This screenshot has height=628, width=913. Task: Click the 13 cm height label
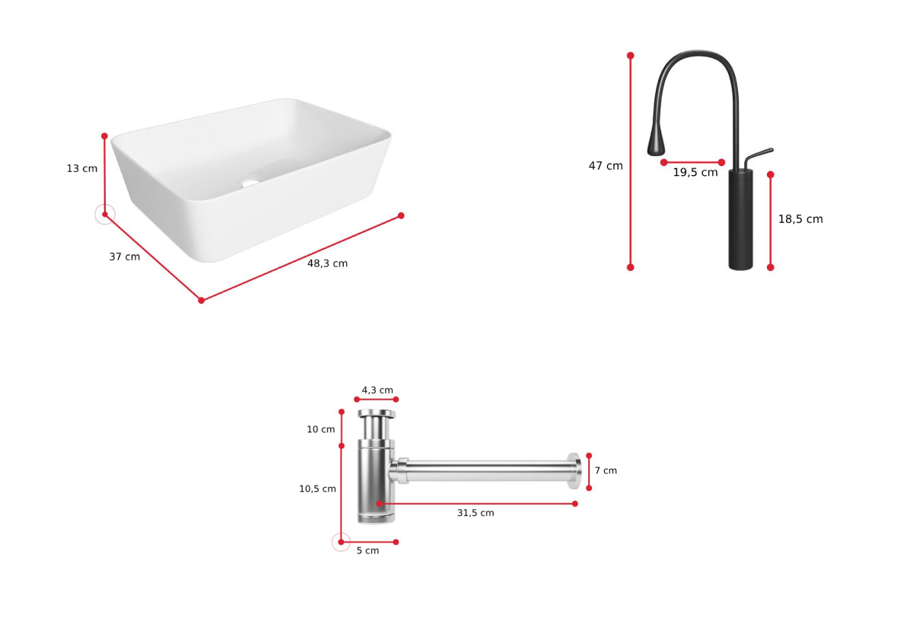coord(82,168)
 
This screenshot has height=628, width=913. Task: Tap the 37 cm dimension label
coord(124,257)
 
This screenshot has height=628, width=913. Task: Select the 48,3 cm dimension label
coord(327,263)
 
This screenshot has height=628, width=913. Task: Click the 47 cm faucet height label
coord(606,166)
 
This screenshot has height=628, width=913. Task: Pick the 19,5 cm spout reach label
coord(695,173)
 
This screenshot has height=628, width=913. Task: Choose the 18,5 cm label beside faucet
coord(800,219)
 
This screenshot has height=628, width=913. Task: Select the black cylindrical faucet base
coord(740,219)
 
